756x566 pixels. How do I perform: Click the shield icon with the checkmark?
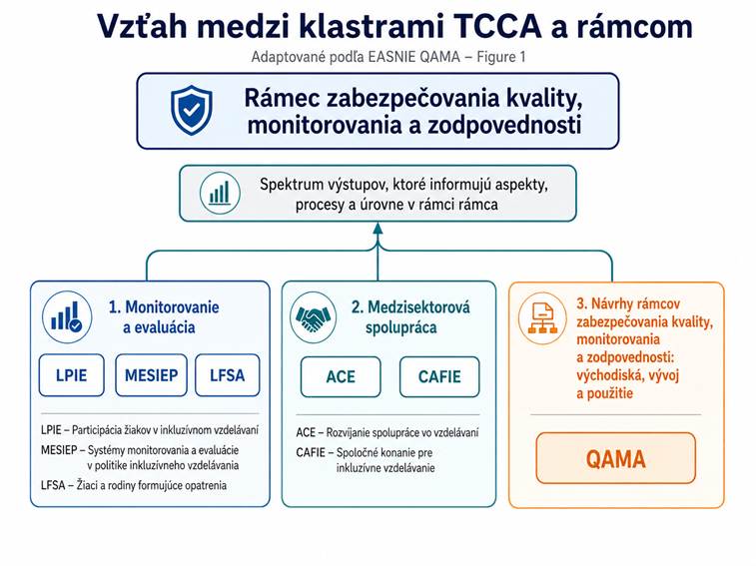(x=191, y=111)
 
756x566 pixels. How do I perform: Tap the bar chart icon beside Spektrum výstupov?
(x=218, y=193)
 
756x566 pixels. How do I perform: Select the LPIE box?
(x=73, y=376)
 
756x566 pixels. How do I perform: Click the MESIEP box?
(x=151, y=376)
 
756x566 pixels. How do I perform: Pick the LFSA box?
(x=227, y=376)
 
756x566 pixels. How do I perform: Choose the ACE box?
(x=340, y=377)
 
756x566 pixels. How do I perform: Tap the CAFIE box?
(x=438, y=377)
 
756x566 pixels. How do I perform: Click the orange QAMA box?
(x=615, y=458)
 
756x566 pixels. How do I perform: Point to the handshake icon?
(x=313, y=318)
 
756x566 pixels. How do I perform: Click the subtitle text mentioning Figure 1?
(x=388, y=57)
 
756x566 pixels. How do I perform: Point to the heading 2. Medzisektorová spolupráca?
(x=409, y=317)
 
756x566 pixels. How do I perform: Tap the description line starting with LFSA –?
(x=134, y=485)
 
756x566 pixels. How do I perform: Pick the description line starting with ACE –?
(x=387, y=432)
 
